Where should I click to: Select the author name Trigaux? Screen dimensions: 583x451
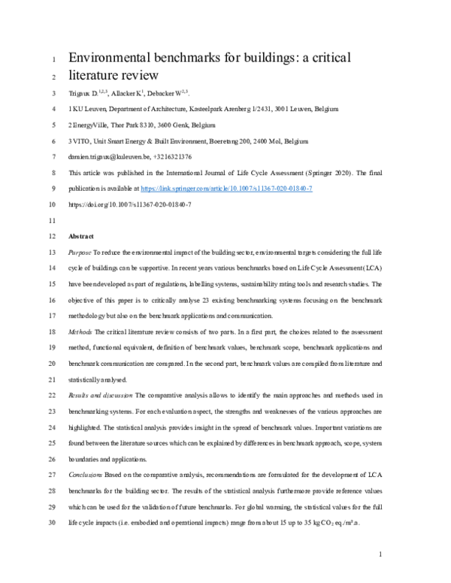pos(82,94)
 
